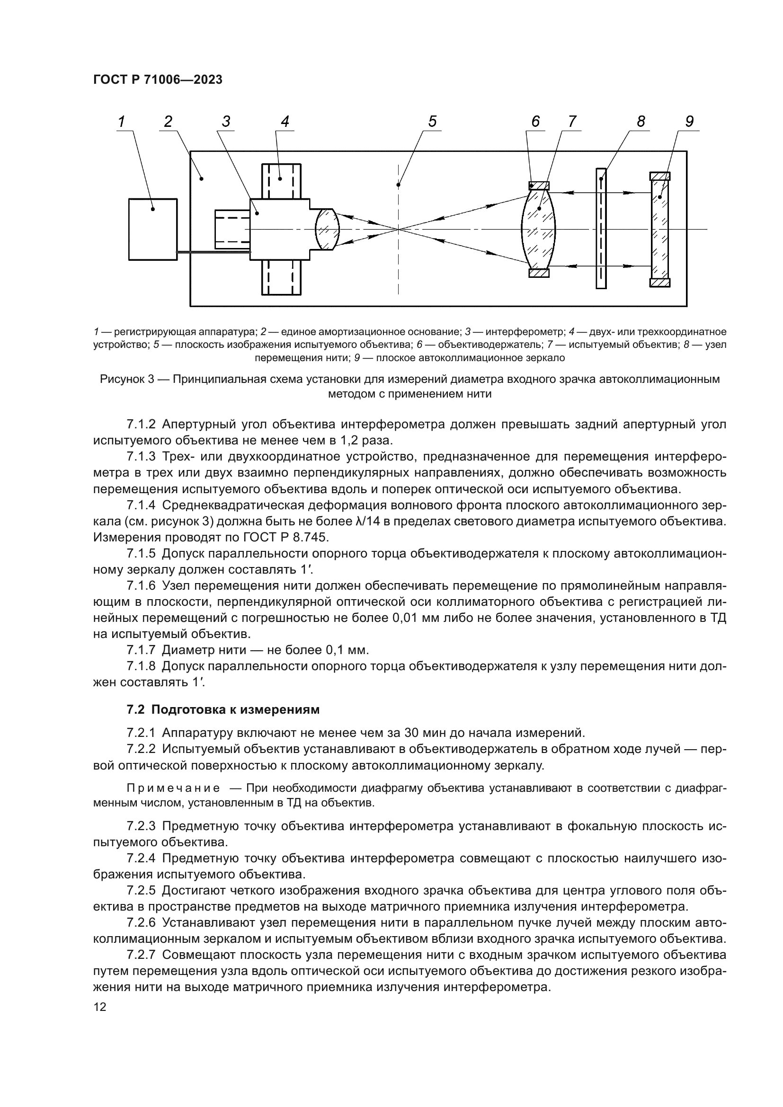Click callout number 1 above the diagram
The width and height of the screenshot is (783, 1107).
click(x=122, y=122)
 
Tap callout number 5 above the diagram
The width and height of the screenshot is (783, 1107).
click(x=432, y=122)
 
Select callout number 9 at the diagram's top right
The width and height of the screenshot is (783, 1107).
click(x=689, y=122)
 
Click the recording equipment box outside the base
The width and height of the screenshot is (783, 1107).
click(x=153, y=230)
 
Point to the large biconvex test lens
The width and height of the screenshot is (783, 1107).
click(x=539, y=230)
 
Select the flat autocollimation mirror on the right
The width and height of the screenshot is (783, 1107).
click(x=659, y=230)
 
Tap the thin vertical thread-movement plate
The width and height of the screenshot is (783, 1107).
click(x=601, y=229)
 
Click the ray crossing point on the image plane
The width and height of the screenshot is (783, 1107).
click(x=398, y=229)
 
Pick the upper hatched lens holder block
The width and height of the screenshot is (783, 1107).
click(x=539, y=186)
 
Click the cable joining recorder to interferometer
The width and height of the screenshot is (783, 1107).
click(x=213, y=252)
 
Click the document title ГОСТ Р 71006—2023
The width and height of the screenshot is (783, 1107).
click(x=158, y=80)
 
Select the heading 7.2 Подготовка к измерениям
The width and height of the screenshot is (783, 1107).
click(x=223, y=710)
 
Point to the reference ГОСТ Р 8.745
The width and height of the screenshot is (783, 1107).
click(x=284, y=537)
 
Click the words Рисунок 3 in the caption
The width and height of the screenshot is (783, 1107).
click(x=127, y=379)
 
